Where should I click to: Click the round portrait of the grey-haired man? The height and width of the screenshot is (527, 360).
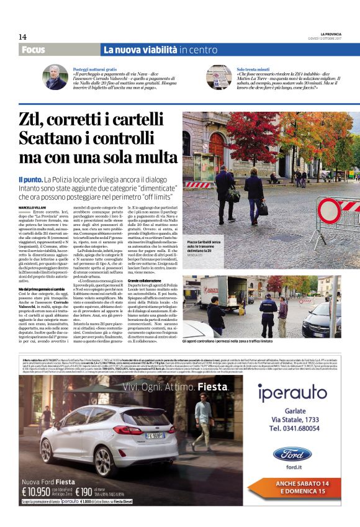pos(55,77)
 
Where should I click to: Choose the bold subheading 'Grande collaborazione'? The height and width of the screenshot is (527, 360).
pos(206,280)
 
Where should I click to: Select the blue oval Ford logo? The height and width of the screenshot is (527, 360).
pos(292,454)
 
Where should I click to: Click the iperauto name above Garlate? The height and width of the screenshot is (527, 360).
pos(292,393)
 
